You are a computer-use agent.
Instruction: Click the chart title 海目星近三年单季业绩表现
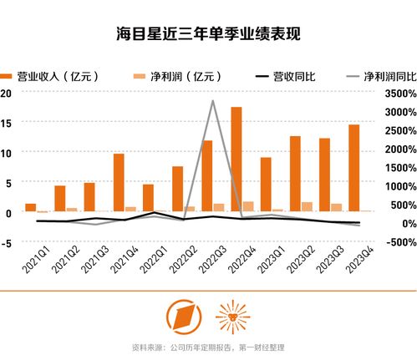[x=208, y=35]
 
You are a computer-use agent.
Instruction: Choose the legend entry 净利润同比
[x=380, y=76]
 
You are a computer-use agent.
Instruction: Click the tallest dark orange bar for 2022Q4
[x=236, y=159]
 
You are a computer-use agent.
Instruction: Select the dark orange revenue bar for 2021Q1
[x=31, y=207]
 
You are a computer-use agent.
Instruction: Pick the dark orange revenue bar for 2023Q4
[x=354, y=168]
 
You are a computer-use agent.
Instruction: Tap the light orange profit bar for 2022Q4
[x=248, y=206]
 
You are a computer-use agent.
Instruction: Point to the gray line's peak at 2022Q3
[x=213, y=101]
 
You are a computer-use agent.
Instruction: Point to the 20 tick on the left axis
[x=6, y=93]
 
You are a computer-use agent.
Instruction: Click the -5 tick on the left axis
[x=6, y=242]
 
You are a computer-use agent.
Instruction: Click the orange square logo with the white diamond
[x=182, y=316]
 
